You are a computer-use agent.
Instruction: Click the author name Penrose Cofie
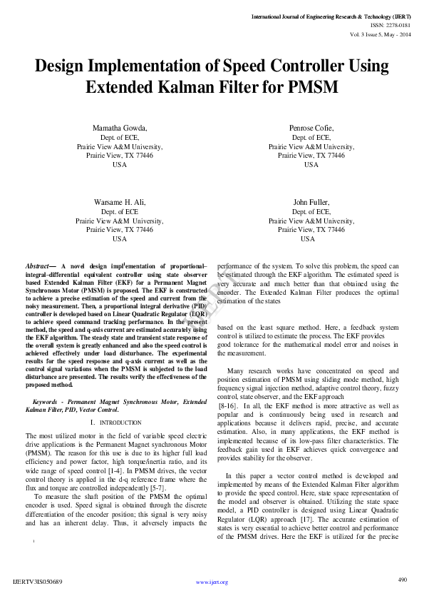[311, 128]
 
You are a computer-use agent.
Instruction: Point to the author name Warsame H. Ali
[120, 203]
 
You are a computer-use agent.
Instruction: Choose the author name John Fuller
[311, 203]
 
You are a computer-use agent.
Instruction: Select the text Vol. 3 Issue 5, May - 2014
[380, 34]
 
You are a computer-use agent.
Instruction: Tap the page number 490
[402, 580]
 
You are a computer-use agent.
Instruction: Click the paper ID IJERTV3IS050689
[38, 582]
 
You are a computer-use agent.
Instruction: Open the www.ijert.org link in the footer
[212, 582]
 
